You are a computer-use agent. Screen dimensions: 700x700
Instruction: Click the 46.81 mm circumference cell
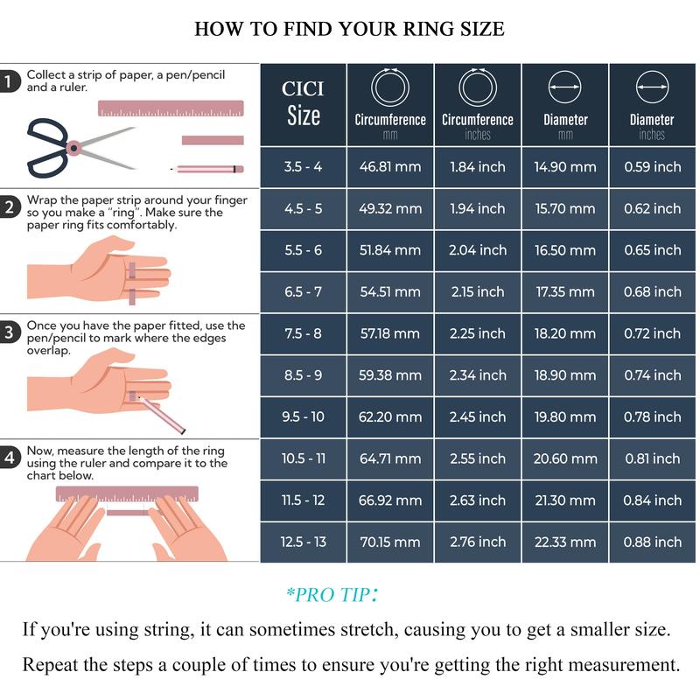pos(390,167)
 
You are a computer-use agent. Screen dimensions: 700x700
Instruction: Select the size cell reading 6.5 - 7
pos(303,292)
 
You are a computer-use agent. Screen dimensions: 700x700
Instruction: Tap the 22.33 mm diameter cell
pos(565,542)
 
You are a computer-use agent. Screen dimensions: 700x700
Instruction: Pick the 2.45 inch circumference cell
pos(478,417)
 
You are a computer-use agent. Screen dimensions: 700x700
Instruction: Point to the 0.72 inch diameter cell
pos(652,333)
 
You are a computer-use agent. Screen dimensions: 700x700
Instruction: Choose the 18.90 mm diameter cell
pos(565,375)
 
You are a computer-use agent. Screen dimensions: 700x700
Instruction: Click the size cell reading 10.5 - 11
pos(303,458)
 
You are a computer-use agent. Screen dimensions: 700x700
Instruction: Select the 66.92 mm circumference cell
pos(390,500)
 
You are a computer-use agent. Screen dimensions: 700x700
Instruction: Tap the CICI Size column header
pos(303,104)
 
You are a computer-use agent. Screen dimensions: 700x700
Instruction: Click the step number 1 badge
pos(9,81)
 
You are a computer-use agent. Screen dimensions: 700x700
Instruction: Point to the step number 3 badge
pos(9,332)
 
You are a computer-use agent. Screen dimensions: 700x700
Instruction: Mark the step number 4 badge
pos(9,457)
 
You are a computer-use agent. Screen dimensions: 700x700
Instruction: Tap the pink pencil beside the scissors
pos(207,169)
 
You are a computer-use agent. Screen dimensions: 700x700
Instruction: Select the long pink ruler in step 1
pos(171,108)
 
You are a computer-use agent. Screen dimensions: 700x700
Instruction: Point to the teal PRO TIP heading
pos(332,594)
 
